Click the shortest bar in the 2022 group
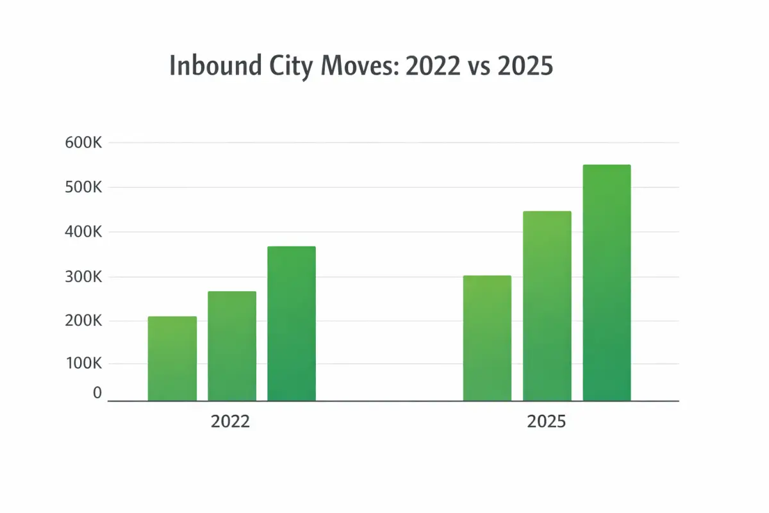(x=172, y=358)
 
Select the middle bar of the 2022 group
(x=232, y=346)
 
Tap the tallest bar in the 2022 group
(x=292, y=324)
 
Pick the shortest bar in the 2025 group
(x=487, y=338)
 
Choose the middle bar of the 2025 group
(x=547, y=306)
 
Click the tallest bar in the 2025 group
(x=606, y=283)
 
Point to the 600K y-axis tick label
(x=83, y=143)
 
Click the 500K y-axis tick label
(x=83, y=188)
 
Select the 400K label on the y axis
(x=83, y=232)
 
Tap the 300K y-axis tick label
(x=83, y=277)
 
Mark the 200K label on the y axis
(x=83, y=321)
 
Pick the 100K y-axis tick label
(x=83, y=364)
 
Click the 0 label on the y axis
(x=97, y=393)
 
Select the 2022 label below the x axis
(x=231, y=423)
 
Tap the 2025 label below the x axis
(x=547, y=423)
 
